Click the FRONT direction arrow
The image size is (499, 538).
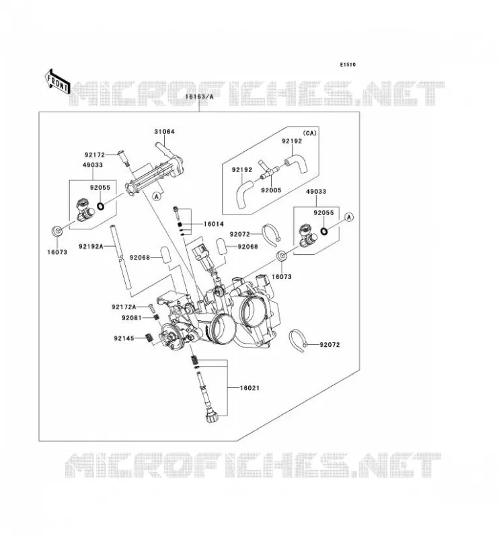coord(58,81)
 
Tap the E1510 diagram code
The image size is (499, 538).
coord(348,65)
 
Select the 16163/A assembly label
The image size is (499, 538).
coord(199,97)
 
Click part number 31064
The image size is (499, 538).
coord(164,131)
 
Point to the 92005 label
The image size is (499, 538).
coord(271,190)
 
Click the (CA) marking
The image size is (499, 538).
coord(309,133)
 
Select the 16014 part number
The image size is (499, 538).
coord(213,224)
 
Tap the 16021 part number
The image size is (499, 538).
coord(249,388)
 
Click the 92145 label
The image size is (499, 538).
coord(124,339)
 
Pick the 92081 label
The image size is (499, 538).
coord(131,318)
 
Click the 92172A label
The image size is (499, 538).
coord(124,307)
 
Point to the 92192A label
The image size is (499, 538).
coord(91,246)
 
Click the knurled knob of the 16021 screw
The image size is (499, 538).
coord(210,418)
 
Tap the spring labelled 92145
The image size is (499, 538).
coord(149,338)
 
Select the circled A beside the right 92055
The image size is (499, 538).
coord(349,217)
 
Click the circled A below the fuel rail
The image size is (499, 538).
coord(157,196)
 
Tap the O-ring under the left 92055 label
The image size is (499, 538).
coord(101,206)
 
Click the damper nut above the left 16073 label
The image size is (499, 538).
coord(57,231)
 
